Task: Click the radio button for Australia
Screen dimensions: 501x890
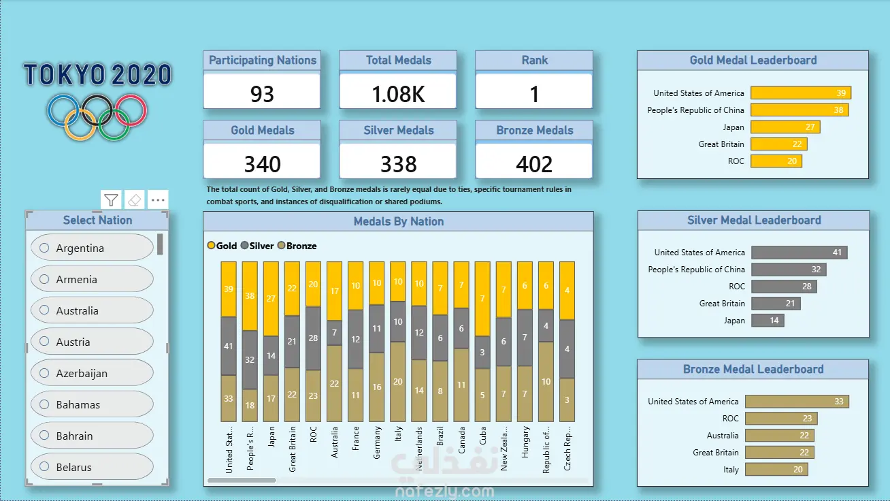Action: pos(45,310)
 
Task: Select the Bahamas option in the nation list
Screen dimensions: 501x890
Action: pos(78,404)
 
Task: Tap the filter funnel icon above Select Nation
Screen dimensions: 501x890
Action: pos(111,200)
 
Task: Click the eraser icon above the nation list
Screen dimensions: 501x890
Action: pos(135,200)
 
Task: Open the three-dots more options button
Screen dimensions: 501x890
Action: pos(158,200)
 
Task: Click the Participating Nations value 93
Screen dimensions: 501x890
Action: pos(262,93)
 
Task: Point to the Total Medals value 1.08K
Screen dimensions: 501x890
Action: pos(398,93)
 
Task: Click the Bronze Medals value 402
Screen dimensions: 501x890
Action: pos(534,163)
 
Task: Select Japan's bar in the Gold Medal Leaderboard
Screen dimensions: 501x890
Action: pos(785,127)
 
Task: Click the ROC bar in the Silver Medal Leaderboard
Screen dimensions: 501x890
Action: pos(784,287)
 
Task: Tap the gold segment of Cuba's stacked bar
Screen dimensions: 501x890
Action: pos(482,299)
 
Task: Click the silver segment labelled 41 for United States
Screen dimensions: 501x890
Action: pos(229,346)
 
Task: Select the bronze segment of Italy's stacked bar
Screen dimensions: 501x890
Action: pos(398,381)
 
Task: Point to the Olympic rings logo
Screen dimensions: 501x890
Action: pos(97,116)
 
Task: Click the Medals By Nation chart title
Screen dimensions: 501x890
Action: pos(398,221)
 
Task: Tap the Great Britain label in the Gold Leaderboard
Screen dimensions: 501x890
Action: pos(721,144)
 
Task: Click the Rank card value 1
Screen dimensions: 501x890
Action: pos(534,93)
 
